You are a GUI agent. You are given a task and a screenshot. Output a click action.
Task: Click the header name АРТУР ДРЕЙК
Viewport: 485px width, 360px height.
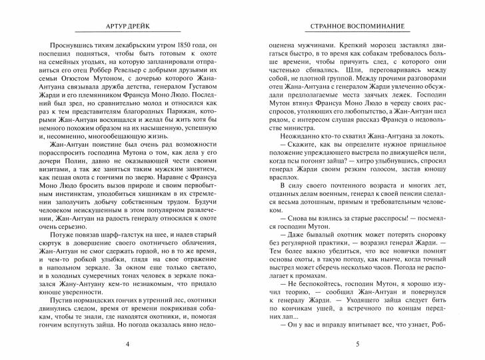[x=127, y=26]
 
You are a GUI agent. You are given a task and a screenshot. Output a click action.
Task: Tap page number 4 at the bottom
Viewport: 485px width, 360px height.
[x=127, y=345]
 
